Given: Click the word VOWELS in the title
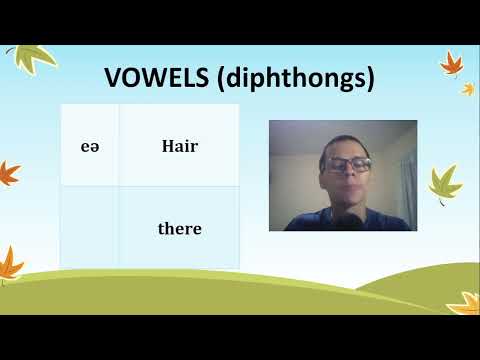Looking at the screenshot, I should [156, 78].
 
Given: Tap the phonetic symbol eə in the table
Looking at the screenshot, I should [90, 146].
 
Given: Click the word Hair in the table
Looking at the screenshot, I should [180, 146].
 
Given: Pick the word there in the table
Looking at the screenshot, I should [180, 229].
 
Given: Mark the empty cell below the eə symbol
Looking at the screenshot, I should [90, 228].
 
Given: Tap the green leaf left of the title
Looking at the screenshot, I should [35, 59].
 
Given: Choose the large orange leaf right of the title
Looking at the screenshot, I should [452, 65].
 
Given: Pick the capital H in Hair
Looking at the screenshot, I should [167, 146].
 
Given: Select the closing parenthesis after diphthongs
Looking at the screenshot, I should [369, 79].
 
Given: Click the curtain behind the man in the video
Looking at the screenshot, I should [405, 180].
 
